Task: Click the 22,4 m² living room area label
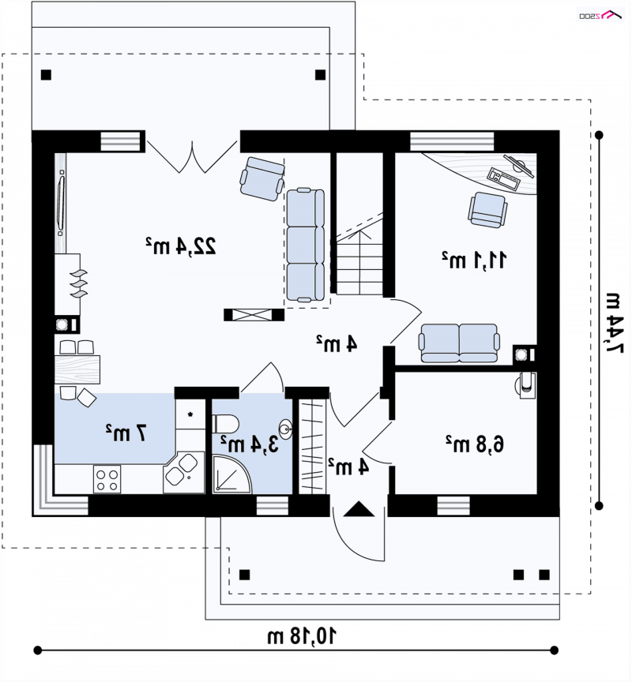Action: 181,246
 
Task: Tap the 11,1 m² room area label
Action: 474,260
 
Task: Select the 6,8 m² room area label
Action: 475,444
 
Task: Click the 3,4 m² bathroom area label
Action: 250,444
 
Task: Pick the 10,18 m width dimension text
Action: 302,636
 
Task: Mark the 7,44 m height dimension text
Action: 613,323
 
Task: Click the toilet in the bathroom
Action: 225,424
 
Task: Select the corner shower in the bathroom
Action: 232,474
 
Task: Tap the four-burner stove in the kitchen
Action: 107,479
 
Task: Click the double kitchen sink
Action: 182,470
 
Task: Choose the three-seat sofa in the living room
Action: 306,245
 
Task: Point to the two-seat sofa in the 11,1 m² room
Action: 459,343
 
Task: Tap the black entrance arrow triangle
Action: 359,509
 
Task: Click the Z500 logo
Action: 600,15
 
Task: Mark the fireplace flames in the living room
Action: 79,283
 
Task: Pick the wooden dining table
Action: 77,369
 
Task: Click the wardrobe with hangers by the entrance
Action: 312,446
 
